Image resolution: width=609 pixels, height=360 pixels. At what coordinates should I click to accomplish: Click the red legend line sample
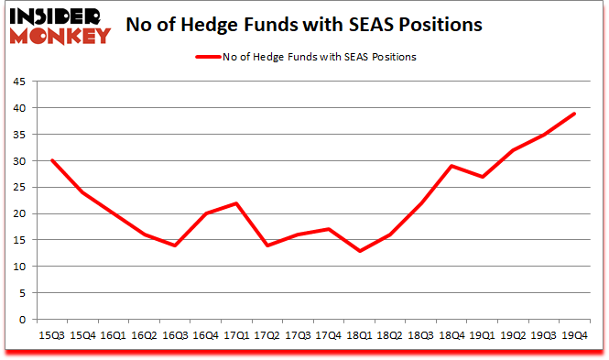click(x=207, y=57)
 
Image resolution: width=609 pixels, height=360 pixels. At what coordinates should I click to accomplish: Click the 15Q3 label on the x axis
click(x=52, y=335)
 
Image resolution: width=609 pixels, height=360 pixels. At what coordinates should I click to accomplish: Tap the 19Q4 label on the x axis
click(x=574, y=335)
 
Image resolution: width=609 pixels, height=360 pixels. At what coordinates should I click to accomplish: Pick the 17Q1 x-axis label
click(x=236, y=335)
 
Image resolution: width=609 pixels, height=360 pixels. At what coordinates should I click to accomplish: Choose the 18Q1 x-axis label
click(x=359, y=335)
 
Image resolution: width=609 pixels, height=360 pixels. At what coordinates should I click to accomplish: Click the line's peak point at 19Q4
click(x=574, y=114)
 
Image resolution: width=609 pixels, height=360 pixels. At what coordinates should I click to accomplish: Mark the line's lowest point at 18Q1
click(x=359, y=251)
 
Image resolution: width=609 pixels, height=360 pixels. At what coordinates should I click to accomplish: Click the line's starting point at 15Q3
click(x=52, y=160)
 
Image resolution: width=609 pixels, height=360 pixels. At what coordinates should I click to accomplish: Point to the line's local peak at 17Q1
click(x=236, y=203)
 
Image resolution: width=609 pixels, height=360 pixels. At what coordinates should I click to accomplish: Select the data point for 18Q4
click(x=451, y=166)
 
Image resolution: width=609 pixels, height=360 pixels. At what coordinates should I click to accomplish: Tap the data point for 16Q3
click(x=175, y=245)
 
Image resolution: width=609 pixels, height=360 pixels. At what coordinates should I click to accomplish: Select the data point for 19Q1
click(x=482, y=177)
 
